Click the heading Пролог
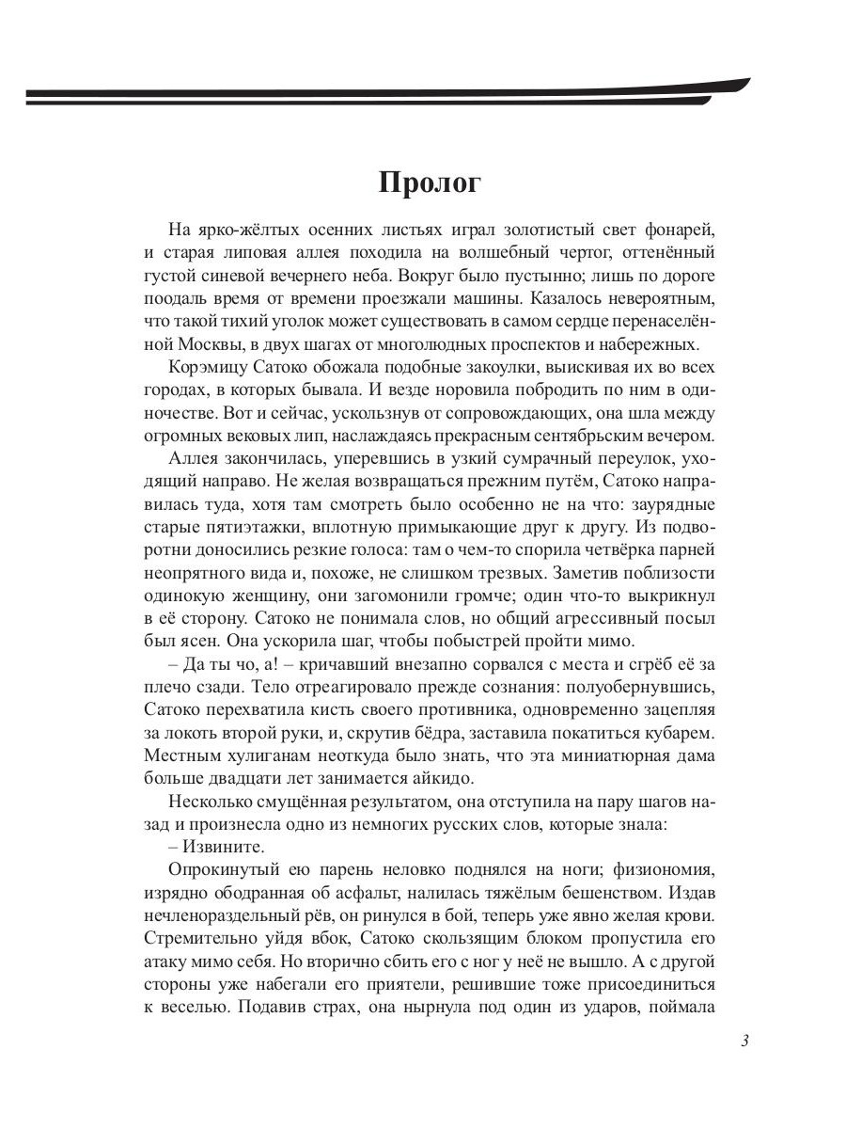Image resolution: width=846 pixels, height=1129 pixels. coord(430,182)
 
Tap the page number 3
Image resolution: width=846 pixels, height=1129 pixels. coord(744,1041)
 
